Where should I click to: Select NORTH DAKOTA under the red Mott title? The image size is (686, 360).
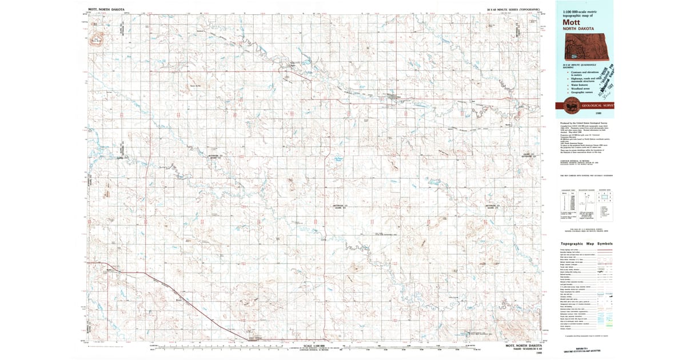coord(578,28)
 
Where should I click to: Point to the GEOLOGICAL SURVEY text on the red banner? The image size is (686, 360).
coord(597,106)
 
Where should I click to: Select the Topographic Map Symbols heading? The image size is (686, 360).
coord(586,243)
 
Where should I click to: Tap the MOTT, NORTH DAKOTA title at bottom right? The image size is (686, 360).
coord(522,345)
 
